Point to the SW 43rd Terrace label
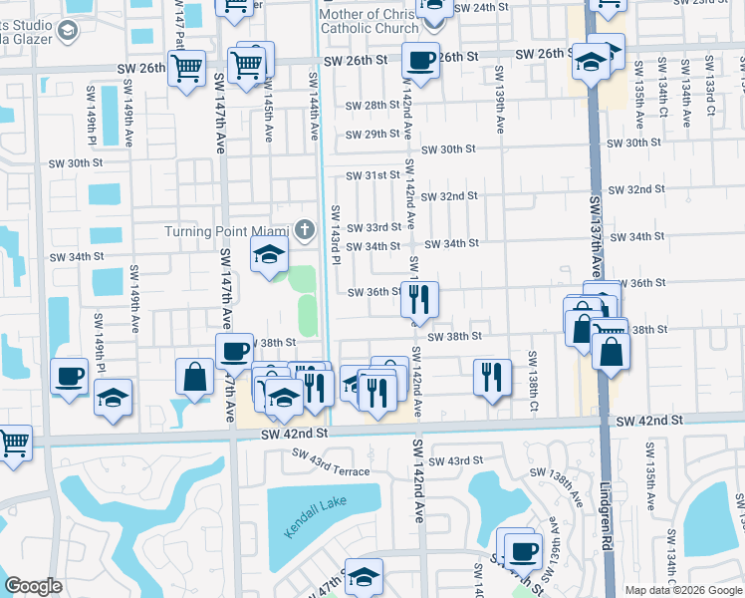pyautogui.click(x=330, y=462)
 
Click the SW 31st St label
pyautogui.click(x=372, y=175)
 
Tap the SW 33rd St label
pyautogui.click(x=372, y=229)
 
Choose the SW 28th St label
pyautogui.click(x=372, y=106)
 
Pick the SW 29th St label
pyautogui.click(x=372, y=135)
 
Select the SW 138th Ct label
pyautogui.click(x=534, y=382)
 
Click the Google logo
pyautogui.click(x=33, y=586)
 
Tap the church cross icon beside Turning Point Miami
pyautogui.click(x=307, y=230)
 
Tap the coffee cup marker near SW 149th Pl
pyautogui.click(x=69, y=376)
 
